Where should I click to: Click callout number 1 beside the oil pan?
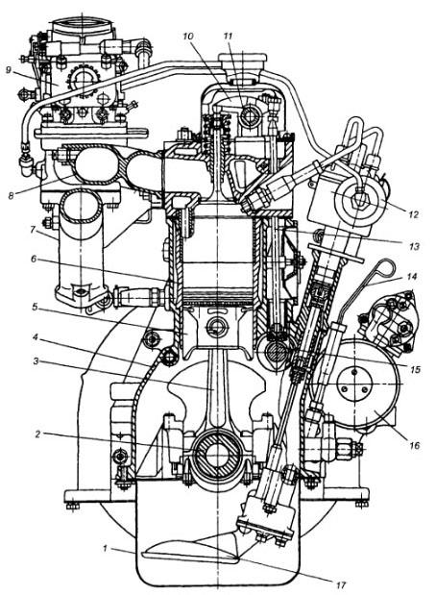(106, 548)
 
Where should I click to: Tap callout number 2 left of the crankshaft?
(37, 434)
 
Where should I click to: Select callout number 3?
(36, 361)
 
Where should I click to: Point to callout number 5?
(35, 307)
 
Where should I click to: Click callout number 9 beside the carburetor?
(9, 70)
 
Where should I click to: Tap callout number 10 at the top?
(188, 37)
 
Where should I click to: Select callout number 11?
(228, 37)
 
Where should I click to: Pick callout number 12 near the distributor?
(413, 214)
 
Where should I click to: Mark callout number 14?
(411, 277)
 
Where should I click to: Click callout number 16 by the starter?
(415, 445)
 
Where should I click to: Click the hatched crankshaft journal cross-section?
(217, 455)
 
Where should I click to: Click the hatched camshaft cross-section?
(276, 352)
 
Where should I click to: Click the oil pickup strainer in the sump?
(189, 550)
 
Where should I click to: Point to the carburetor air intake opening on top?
(82, 27)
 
